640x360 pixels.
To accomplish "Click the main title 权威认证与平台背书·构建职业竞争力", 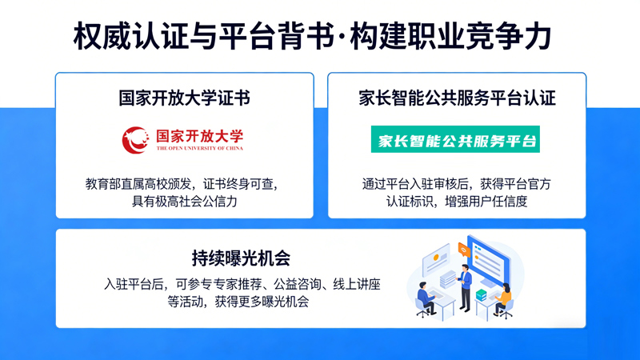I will (312, 36).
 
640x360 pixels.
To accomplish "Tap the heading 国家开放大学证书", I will (185, 98).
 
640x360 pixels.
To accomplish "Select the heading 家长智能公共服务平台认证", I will (457, 98).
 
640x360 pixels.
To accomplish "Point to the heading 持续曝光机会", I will (240, 258).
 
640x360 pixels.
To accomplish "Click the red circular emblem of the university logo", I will (135, 139).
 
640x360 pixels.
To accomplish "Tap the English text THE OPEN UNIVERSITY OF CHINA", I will (200, 148).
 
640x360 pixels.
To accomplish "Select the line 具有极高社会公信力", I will (185, 201).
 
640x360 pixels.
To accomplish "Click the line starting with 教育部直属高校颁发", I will (185, 183).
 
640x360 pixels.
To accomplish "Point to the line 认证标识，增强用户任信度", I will (457, 201).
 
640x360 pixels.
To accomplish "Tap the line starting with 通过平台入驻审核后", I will (457, 183).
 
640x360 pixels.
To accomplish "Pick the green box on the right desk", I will (481, 294).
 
